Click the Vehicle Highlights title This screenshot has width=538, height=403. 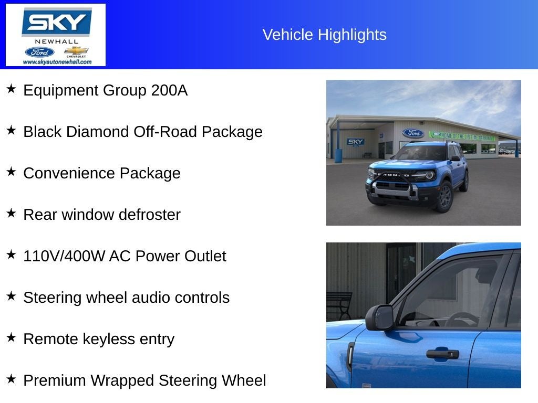(324, 35)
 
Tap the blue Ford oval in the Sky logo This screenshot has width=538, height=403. (39, 52)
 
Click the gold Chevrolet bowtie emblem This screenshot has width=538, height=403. (76, 51)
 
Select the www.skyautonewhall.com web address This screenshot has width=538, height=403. (57, 62)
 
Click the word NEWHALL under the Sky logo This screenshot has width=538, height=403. (56, 41)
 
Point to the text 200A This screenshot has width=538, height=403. (169, 90)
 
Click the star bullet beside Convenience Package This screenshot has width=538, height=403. (11, 172)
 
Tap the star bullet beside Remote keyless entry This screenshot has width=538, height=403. (11, 337)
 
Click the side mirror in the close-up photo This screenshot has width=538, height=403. (380, 317)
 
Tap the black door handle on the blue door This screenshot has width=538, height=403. (442, 354)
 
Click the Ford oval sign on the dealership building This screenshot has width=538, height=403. (413, 133)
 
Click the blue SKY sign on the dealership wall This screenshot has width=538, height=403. (356, 142)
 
